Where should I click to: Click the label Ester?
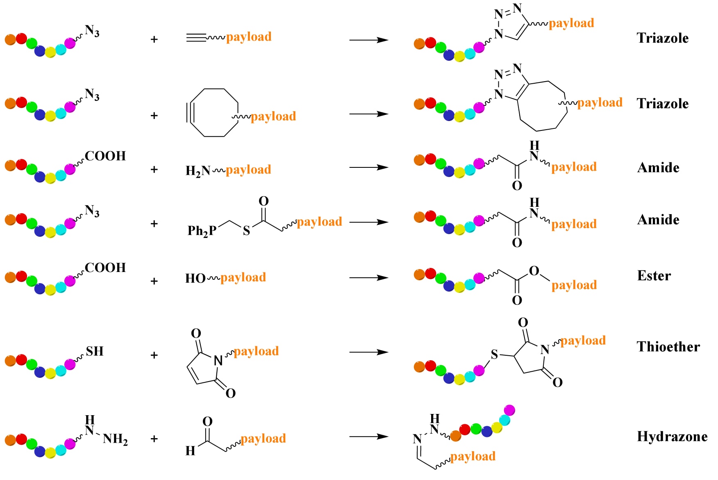pyautogui.click(x=654, y=276)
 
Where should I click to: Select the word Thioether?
pyautogui.click(x=668, y=347)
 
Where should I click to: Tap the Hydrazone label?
pyautogui.click(x=672, y=437)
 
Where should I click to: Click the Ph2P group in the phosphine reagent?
pyautogui.click(x=202, y=231)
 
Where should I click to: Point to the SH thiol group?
pyautogui.click(x=95, y=351)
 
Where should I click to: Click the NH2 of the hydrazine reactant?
pyautogui.click(x=115, y=439)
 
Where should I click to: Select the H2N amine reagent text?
pyautogui.click(x=198, y=170)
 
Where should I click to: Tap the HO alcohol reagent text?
pyautogui.click(x=195, y=279)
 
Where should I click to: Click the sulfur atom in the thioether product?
pyautogui.click(x=494, y=354)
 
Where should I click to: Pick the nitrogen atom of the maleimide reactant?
pyautogui.click(x=218, y=361)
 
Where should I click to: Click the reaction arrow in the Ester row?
pyautogui.click(x=368, y=278)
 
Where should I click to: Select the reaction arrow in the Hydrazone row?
pyautogui.click(x=368, y=437)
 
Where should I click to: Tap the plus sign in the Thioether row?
pyautogui.click(x=154, y=355)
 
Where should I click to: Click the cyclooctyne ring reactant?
pyautogui.click(x=213, y=112)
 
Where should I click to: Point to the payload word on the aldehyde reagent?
pyautogui.click(x=263, y=438)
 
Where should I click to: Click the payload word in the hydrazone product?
pyautogui.click(x=473, y=456)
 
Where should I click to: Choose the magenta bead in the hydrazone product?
pyautogui.click(x=509, y=410)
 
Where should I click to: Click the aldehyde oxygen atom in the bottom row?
pyautogui.click(x=207, y=422)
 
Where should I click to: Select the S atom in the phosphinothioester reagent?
pyautogui.click(x=246, y=231)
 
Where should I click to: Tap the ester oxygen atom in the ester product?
pyautogui.click(x=534, y=271)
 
